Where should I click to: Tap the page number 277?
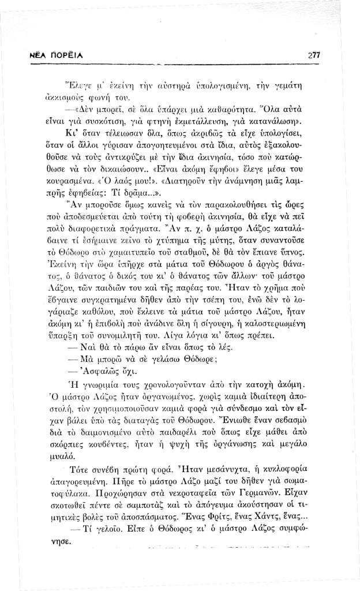pyautogui.click(x=313, y=55)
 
